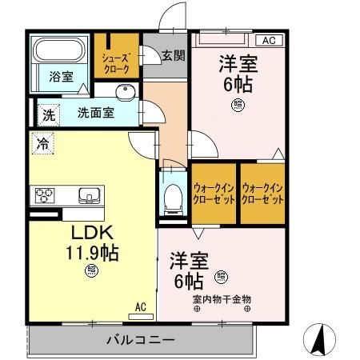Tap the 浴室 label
pos(62,78)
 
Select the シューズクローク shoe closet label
pos(116,63)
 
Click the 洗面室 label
pos(95,113)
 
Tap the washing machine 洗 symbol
pos(49,114)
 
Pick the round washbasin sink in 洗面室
pos(122,90)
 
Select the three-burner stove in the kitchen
pos(45,194)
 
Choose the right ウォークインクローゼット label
pos(263,193)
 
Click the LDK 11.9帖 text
pos(92,243)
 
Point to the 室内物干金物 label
pos(222,300)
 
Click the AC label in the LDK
pos(141,306)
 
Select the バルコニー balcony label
pos(140,340)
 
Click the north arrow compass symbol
pos(319,340)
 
